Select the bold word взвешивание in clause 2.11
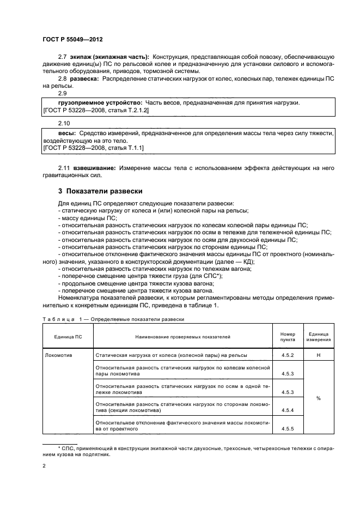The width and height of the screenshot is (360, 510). (95, 168)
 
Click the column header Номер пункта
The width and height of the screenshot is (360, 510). (288, 337)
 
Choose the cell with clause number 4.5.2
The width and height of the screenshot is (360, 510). (288, 355)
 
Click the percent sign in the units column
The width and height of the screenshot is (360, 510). (318, 398)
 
